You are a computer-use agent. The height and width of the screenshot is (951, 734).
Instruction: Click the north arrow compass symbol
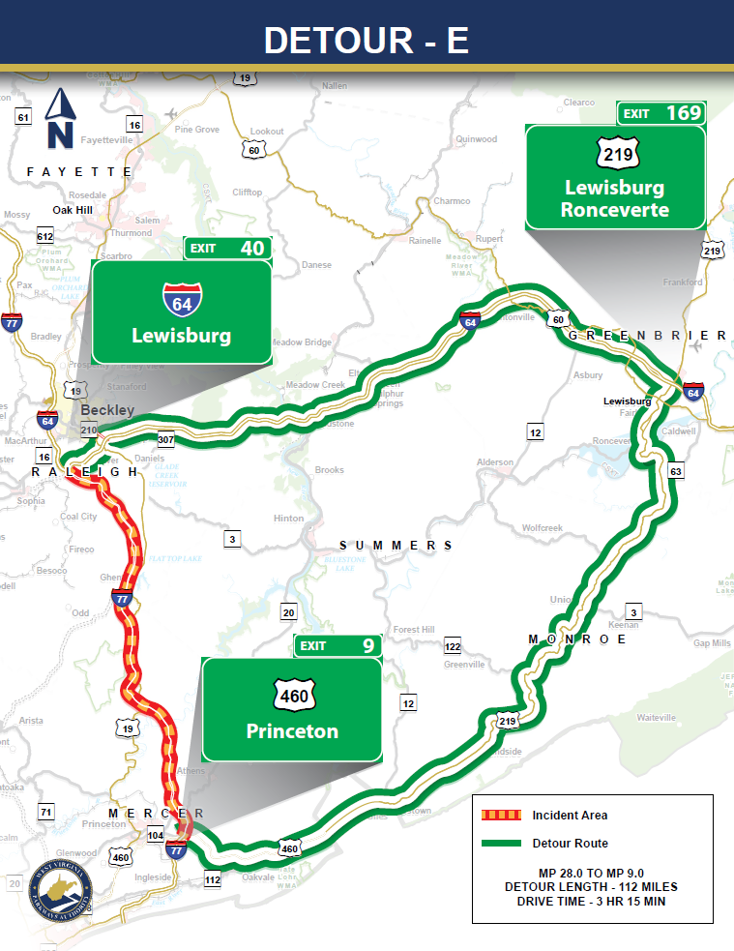coord(61,118)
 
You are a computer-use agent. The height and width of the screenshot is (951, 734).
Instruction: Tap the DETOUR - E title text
coord(367,40)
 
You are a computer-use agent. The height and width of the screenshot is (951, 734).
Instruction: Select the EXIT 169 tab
coord(661,113)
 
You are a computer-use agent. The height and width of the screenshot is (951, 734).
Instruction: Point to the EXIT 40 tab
coord(226,249)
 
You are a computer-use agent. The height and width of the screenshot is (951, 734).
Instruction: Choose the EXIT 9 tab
coord(338,646)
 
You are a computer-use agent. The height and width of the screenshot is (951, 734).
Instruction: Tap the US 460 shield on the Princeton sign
coord(293,696)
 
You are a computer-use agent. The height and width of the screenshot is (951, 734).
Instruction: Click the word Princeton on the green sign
coord(292,731)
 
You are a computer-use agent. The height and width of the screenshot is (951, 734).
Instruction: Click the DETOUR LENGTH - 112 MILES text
coord(591,887)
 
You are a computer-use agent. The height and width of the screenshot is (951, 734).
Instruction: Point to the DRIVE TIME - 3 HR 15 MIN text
coord(591,902)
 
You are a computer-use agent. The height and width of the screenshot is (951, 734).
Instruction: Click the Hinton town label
coord(288,519)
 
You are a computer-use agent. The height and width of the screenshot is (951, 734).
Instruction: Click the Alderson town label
coord(495,462)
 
